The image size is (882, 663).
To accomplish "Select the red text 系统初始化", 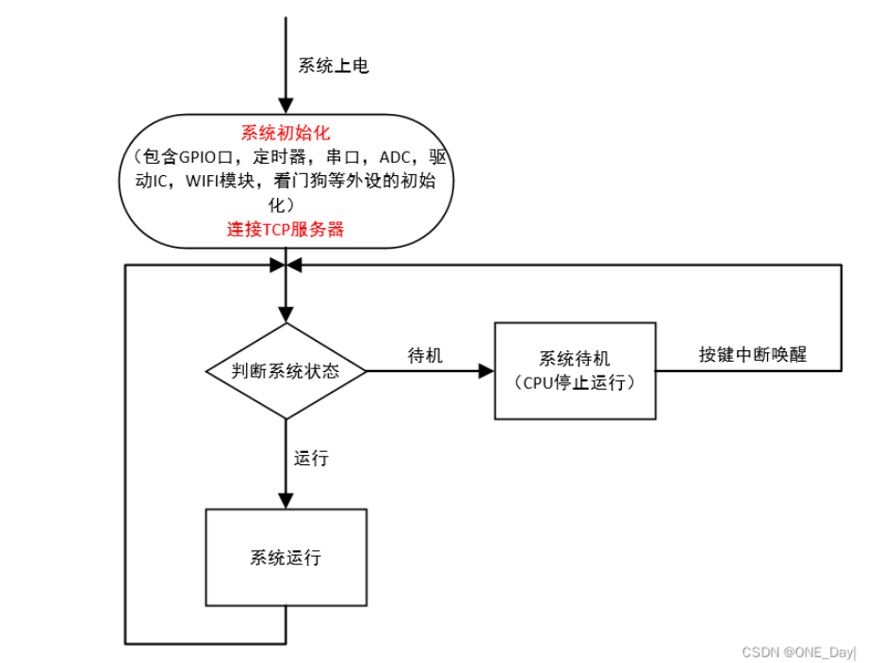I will [286, 133].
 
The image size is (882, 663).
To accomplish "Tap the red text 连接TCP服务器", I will [286, 229].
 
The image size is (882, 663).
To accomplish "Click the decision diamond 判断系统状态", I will [286, 371].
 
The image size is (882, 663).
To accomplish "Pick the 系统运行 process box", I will [286, 558].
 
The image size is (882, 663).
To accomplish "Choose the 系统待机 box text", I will [574, 359].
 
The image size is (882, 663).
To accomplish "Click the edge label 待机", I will [425, 356].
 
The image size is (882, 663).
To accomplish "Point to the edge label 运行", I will [311, 459].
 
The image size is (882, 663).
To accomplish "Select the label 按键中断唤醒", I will [752, 355].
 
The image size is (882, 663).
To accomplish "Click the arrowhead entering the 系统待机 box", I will [486, 371].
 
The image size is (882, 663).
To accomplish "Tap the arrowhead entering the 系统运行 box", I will [286, 502].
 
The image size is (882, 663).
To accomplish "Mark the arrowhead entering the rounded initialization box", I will [286, 107].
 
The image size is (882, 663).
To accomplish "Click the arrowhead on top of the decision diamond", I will [286, 316].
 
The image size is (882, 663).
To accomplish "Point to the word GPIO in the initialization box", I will [198, 156].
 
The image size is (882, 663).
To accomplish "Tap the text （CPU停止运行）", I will [574, 382].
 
